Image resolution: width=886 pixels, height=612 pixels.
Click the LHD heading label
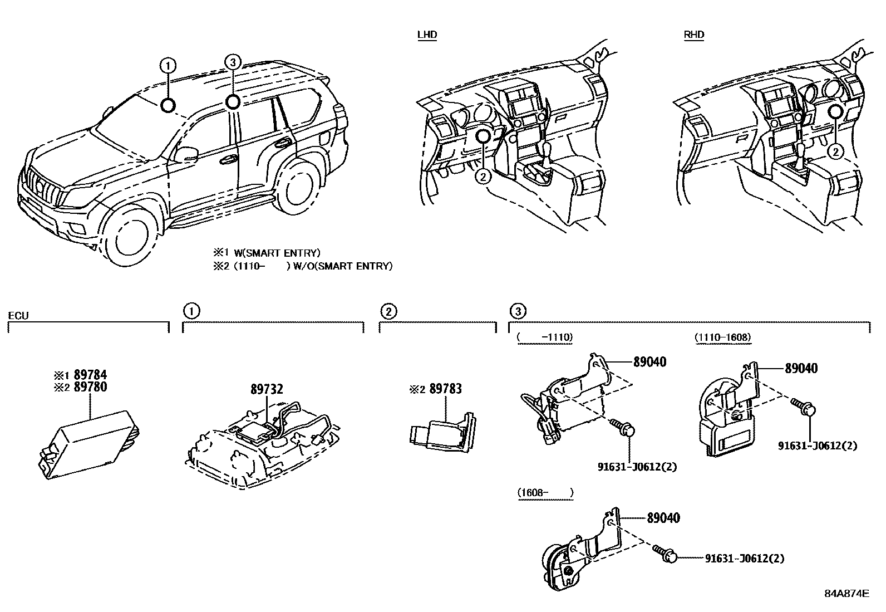[427, 35]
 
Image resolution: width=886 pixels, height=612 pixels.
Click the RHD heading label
[693, 35]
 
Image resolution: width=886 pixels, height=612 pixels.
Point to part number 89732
[266, 390]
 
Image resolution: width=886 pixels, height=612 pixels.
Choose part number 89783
[445, 389]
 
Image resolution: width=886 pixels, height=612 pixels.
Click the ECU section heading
[18, 316]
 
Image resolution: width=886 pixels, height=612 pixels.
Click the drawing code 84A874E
[846, 593]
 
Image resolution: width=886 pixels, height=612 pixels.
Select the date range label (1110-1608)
[722, 337]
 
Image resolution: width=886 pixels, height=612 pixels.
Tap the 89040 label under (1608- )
[663, 518]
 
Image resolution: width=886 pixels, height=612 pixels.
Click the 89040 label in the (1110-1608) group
[801, 368]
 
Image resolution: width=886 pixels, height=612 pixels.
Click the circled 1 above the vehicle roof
[168, 66]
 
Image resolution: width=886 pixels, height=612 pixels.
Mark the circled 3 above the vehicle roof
[233, 61]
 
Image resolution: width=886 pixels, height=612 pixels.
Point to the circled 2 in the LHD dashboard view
[483, 177]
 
